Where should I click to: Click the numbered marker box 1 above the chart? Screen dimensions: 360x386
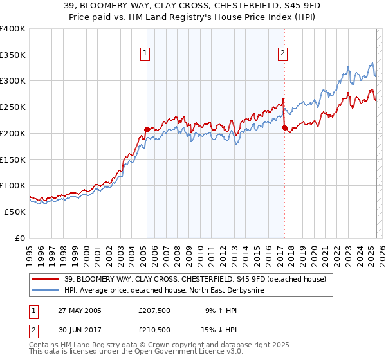(146, 53)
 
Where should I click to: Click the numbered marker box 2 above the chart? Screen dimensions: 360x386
(283, 53)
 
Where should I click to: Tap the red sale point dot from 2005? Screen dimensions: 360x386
(147, 129)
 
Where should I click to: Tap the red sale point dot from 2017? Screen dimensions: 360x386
(284, 127)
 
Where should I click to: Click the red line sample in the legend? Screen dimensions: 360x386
(46, 279)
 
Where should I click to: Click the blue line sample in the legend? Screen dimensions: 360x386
(46, 291)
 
